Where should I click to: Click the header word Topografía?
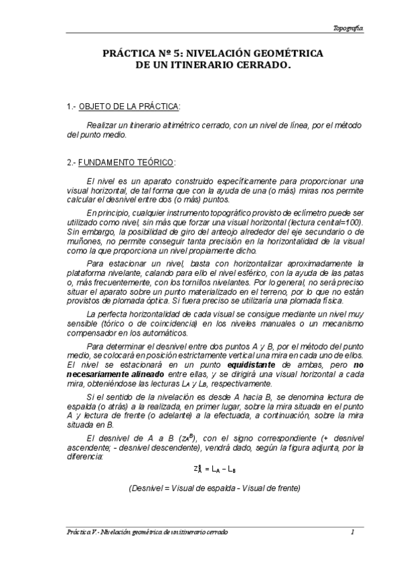point(348,28)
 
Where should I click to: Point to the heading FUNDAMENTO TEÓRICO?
point(127,162)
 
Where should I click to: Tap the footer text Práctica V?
point(82,532)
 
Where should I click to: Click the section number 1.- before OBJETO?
point(72,107)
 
